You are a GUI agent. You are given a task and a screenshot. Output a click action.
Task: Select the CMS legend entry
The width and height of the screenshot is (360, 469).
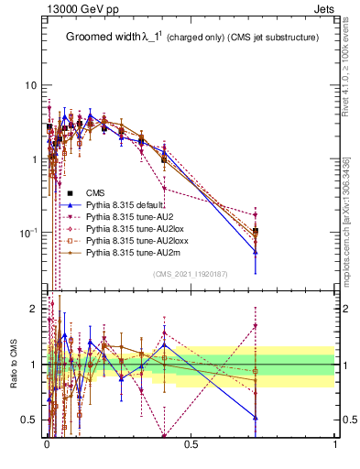(95, 192)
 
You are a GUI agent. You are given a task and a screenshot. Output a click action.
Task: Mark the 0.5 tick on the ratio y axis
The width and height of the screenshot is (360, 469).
(29, 420)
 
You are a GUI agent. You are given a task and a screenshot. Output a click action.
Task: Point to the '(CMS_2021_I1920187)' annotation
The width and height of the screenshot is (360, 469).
(191, 274)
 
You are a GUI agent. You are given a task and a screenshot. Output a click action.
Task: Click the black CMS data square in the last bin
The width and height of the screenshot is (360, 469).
(256, 232)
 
